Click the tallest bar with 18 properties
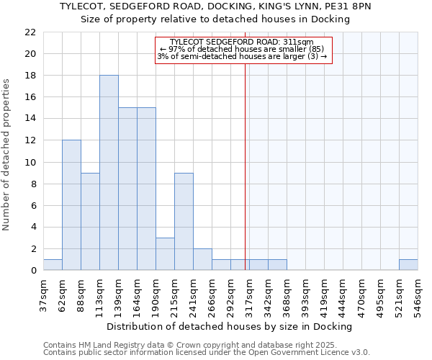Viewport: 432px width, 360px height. pos(109,173)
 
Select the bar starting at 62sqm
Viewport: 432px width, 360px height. pos(71,205)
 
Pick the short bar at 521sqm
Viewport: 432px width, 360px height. pos(408,265)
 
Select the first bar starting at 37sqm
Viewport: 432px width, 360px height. pos(53,265)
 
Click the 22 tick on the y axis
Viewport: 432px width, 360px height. pos(30,32)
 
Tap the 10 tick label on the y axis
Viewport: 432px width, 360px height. pos(30,162)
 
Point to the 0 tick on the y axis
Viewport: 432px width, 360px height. pos(33,271)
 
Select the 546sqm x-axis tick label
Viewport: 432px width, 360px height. pos(418,295)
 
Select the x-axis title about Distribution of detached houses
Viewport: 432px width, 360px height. pos(233,326)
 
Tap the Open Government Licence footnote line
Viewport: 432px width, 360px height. pos(207,353)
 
